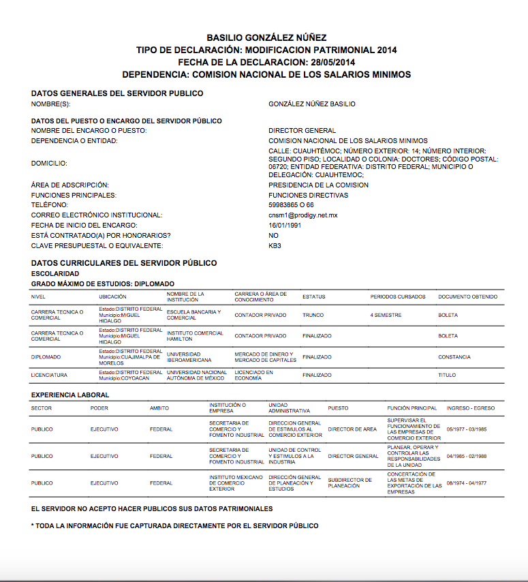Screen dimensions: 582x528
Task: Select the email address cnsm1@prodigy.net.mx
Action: (x=303, y=215)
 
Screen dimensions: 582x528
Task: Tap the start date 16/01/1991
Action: (x=285, y=226)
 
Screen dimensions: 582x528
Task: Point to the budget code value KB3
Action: (x=275, y=245)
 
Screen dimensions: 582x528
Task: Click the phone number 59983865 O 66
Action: (x=292, y=205)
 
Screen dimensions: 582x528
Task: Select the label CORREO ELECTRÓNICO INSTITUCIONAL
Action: (x=97, y=215)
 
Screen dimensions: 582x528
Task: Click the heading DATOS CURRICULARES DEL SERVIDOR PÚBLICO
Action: (x=124, y=263)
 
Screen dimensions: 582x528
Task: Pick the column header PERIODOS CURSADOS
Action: (x=398, y=297)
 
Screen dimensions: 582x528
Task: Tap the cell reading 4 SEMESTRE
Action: (x=386, y=316)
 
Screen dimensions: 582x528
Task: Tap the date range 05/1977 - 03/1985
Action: (x=467, y=429)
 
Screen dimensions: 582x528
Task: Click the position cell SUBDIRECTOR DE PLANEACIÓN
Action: (x=350, y=483)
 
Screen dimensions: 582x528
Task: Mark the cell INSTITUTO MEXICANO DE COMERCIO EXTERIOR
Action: (x=235, y=483)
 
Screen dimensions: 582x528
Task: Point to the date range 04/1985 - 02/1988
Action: (x=467, y=456)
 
